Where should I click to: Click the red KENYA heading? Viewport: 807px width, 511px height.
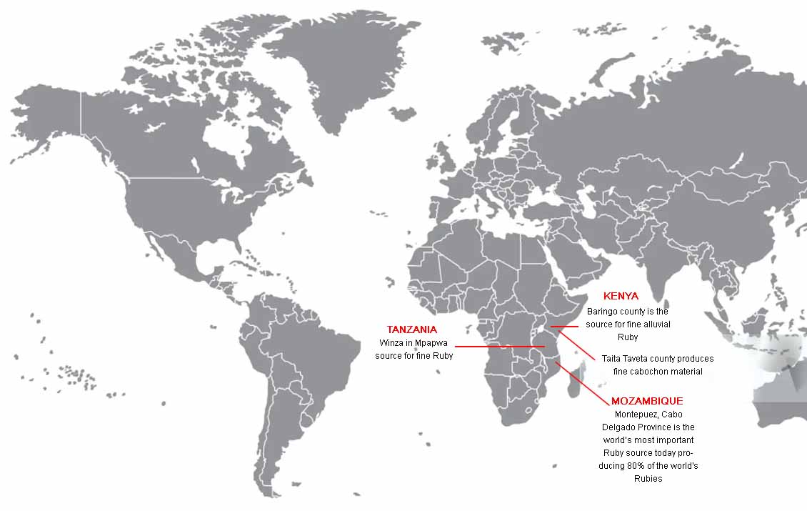[x=621, y=296]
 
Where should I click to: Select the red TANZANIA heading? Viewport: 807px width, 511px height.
[x=412, y=329]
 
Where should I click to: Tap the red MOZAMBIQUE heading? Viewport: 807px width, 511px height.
[x=647, y=401]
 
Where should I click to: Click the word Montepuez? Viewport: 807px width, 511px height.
[x=634, y=414]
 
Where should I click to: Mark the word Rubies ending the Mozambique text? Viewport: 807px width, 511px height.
[x=648, y=479]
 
